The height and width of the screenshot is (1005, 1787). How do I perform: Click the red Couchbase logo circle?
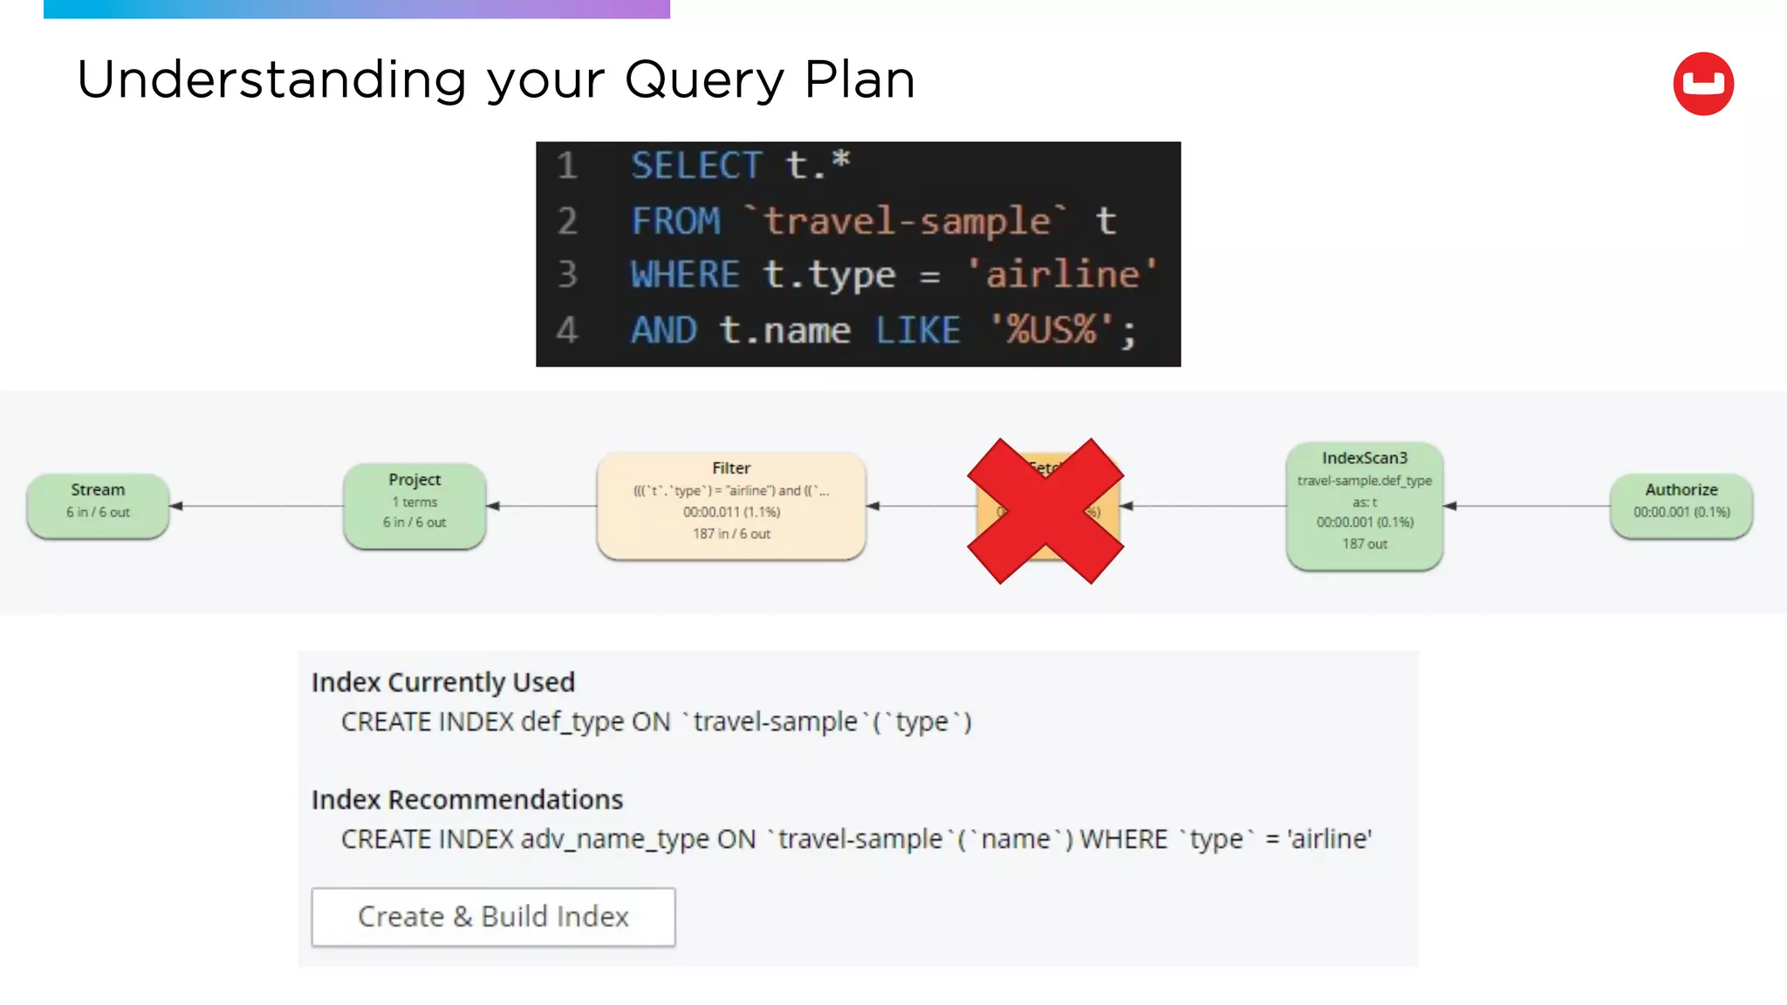click(x=1702, y=84)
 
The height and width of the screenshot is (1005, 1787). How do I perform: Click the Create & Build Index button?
click(x=493, y=916)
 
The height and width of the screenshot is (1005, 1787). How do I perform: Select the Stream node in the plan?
click(x=98, y=505)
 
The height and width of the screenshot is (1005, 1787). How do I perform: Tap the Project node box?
click(x=414, y=505)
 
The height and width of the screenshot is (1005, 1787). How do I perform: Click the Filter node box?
click(x=731, y=505)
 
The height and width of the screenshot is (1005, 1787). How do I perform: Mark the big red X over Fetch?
click(x=1045, y=511)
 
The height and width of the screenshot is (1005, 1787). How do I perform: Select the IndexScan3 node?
click(x=1364, y=505)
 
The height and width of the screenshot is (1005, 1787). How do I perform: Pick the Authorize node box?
click(x=1681, y=505)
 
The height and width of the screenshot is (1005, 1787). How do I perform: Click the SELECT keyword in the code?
click(x=696, y=166)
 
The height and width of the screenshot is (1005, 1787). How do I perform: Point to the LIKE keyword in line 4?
click(x=917, y=331)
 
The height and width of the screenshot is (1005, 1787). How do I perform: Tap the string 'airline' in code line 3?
click(x=1062, y=275)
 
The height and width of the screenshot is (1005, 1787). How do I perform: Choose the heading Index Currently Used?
click(x=443, y=682)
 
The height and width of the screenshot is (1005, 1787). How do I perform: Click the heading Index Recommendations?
click(x=467, y=799)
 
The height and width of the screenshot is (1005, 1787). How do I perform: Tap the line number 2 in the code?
click(x=567, y=221)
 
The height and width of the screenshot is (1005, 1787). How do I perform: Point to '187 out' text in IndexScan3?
click(x=1365, y=544)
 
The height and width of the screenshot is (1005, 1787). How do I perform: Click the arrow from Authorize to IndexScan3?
click(x=1527, y=506)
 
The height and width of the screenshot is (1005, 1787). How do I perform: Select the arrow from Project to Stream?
click(x=257, y=506)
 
